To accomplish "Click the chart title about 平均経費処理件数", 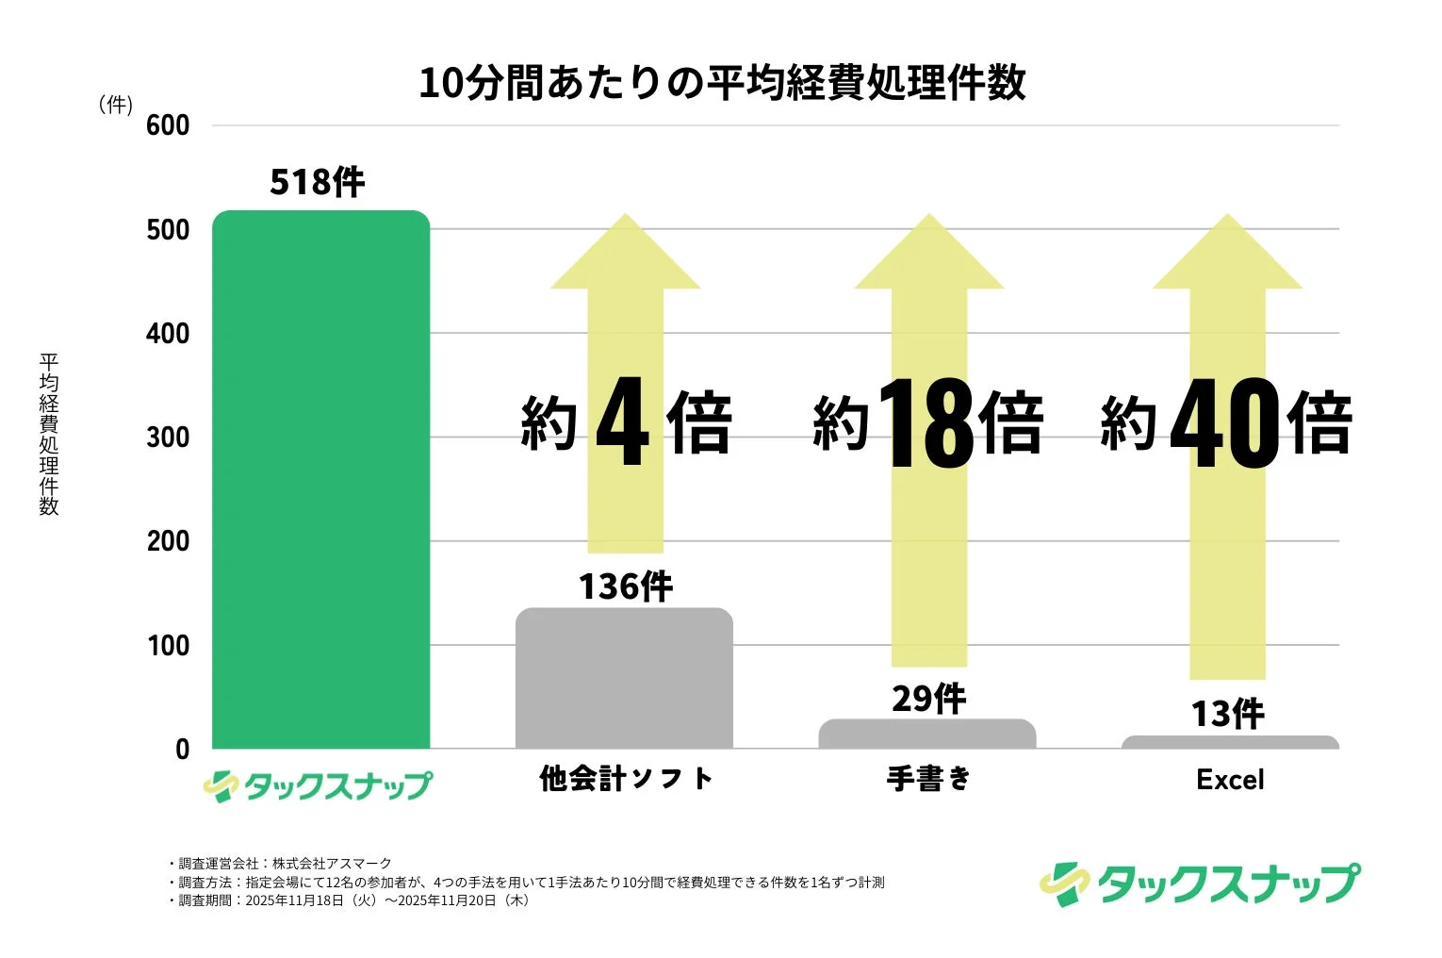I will pos(722,83).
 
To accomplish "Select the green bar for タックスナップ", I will pos(321,481).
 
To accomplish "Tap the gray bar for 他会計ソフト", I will pos(624,679).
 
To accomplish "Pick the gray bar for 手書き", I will pos(926,734).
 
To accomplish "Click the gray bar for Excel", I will pos(1230,742).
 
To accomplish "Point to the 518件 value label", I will pos(318,182).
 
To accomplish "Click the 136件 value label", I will pos(626,586).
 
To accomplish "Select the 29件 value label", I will pos(928,699).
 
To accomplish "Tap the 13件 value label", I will pos(1228,714).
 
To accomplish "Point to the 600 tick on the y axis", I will pos(168,125).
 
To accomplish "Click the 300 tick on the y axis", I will pos(168,438).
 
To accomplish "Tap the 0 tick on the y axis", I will pos(182,750).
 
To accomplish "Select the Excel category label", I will pos(1230,780).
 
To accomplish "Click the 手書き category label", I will pos(928,779).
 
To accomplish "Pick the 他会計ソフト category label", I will pos(626,779).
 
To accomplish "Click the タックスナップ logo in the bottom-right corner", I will pos(1200,884).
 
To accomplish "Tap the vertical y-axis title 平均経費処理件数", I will pos(49,434).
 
